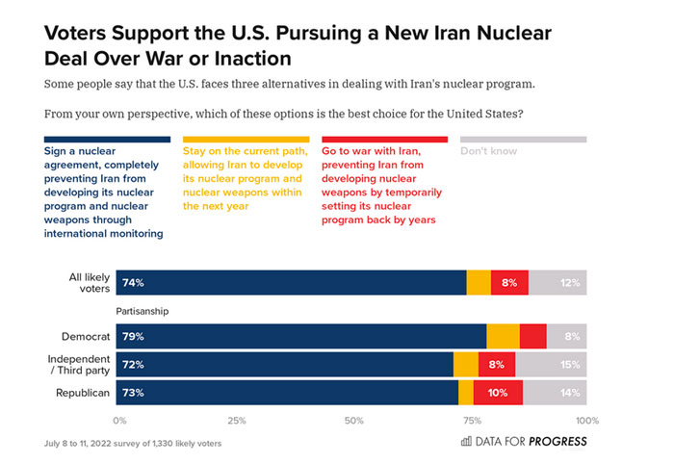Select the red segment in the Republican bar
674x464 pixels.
click(498, 392)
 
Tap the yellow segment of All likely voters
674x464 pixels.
click(479, 283)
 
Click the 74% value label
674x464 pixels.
click(133, 283)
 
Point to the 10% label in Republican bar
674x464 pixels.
click(497, 392)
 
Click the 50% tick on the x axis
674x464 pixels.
click(353, 421)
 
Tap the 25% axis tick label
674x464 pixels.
click(237, 421)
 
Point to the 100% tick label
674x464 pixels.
click(586, 421)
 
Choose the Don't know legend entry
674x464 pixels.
click(489, 151)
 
